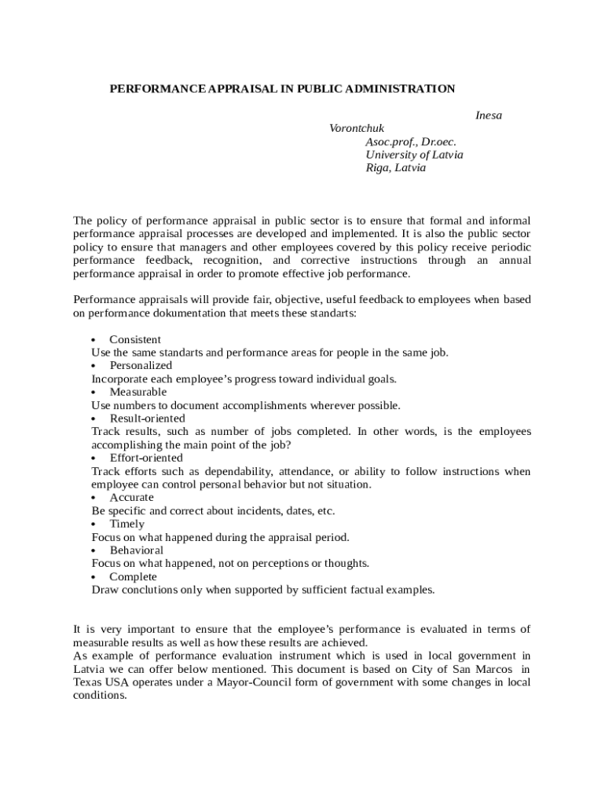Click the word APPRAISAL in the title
point(237,89)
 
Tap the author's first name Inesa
point(488,115)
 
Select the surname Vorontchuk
point(357,129)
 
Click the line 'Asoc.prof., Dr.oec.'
point(410,142)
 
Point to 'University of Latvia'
point(414,155)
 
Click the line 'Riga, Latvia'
point(395,168)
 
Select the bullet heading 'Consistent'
point(135,339)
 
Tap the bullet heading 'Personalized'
point(141,366)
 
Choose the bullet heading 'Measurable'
point(138,392)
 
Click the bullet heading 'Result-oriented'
point(147,418)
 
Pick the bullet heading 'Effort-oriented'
point(146,458)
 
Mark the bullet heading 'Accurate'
point(132,498)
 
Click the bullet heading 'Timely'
point(127,524)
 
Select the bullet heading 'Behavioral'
point(137,550)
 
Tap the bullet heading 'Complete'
point(133,577)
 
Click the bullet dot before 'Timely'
point(94,524)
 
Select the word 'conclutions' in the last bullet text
point(151,590)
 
